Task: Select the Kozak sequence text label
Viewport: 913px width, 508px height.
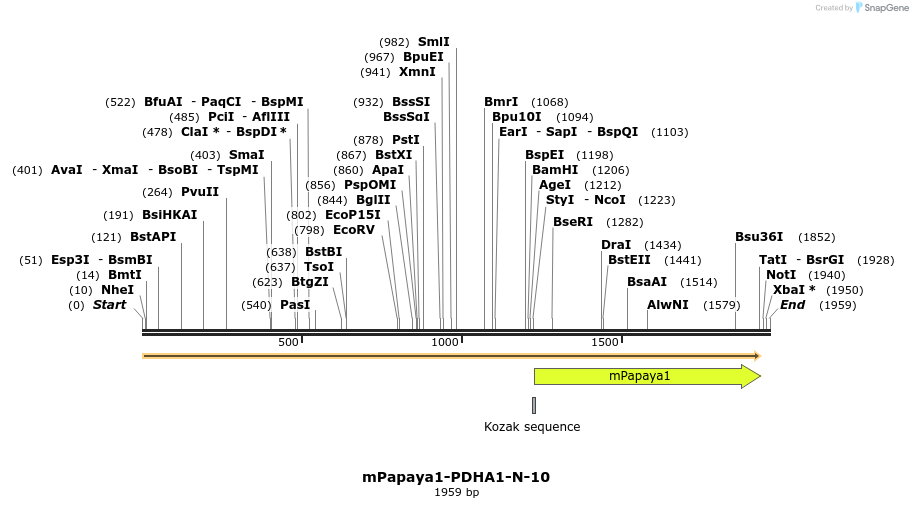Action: point(532,427)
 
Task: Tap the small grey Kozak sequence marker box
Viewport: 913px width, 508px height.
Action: point(534,405)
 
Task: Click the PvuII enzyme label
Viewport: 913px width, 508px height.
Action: point(200,192)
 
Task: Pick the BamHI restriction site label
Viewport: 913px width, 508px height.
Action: point(555,170)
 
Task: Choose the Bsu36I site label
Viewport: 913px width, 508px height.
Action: point(759,237)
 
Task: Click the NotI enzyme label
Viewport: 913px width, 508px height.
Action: point(781,275)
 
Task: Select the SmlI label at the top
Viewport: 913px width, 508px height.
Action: point(433,42)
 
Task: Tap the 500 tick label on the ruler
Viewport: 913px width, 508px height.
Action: point(288,343)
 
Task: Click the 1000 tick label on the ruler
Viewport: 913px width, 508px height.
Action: point(444,343)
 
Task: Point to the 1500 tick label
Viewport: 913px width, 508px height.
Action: point(605,343)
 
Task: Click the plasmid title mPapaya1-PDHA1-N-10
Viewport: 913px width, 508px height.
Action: point(456,477)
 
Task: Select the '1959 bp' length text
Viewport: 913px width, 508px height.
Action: point(456,492)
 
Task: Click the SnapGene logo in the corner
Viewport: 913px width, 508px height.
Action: point(878,8)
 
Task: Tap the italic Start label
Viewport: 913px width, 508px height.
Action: point(110,305)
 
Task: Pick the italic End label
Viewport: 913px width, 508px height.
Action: point(792,305)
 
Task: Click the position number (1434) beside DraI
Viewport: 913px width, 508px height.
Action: point(662,245)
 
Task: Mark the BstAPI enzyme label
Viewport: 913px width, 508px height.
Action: point(153,237)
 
